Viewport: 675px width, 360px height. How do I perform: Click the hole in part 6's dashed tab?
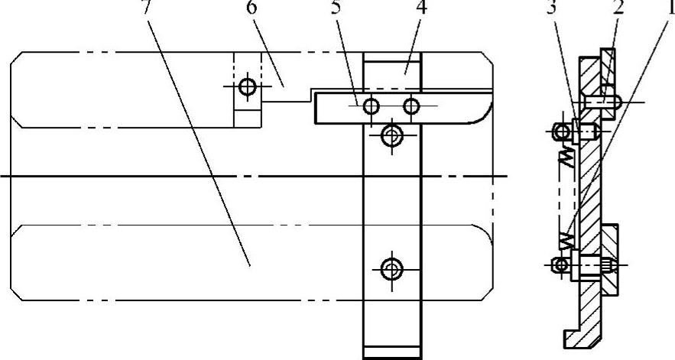pos(246,86)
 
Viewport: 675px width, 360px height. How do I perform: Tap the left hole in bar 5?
pos(371,105)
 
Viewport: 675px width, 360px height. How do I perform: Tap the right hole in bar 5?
pos(411,105)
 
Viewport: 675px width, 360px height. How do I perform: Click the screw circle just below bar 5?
pos(392,136)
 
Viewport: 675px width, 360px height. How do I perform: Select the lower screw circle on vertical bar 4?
pos(392,268)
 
